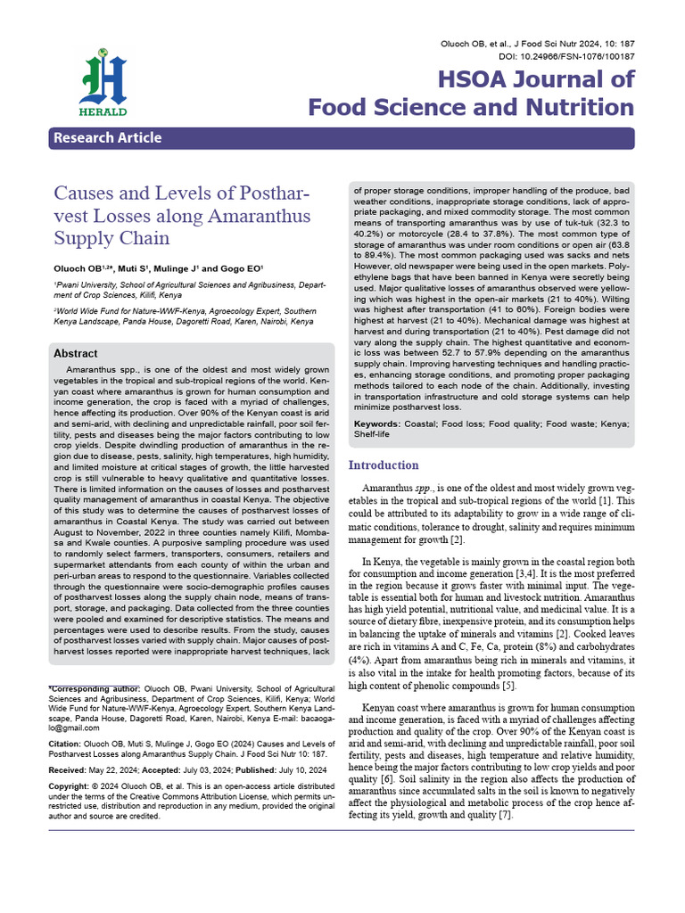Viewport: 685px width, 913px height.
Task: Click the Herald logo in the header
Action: [103, 86]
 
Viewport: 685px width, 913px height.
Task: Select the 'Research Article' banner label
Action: [107, 137]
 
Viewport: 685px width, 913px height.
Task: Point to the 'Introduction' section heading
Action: [383, 465]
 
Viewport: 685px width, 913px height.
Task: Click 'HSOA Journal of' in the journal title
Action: [536, 79]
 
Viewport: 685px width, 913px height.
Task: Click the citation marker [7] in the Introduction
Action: [504, 816]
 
